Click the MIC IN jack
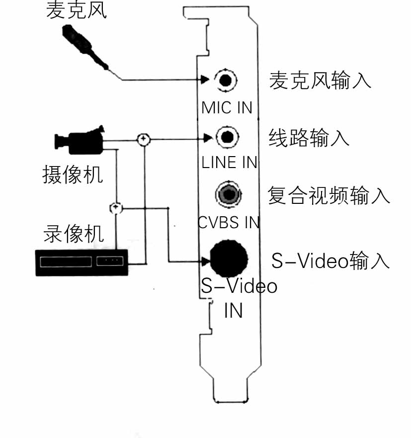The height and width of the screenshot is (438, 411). pyautogui.click(x=226, y=80)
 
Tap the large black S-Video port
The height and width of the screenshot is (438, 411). pyautogui.click(x=229, y=257)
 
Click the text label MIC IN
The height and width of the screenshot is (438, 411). pyautogui.click(x=227, y=107)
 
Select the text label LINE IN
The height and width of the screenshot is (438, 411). pyautogui.click(x=230, y=163)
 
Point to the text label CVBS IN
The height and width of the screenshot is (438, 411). pyautogui.click(x=229, y=222)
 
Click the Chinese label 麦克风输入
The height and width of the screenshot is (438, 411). pyautogui.click(x=320, y=80)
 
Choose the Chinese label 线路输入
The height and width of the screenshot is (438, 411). pyautogui.click(x=309, y=137)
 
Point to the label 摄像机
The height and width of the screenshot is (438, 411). pyautogui.click(x=73, y=175)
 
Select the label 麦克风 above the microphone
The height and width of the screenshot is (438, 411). pyautogui.click(x=76, y=11)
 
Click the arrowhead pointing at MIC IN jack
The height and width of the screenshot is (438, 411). pyautogui.click(x=205, y=80)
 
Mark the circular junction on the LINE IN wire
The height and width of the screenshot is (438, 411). pyautogui.click(x=143, y=139)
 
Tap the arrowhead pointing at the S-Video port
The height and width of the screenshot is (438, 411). pyautogui.click(x=205, y=262)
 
